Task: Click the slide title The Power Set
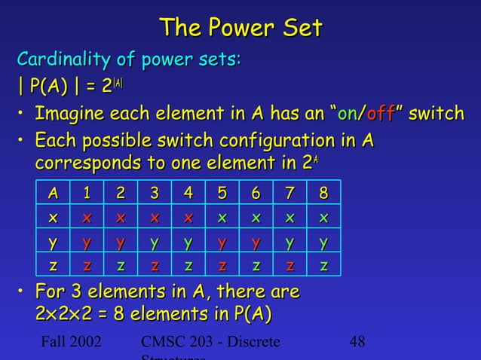tap(240, 29)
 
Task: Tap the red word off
tap(385, 114)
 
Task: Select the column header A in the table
tap(53, 194)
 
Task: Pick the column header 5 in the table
tap(222, 194)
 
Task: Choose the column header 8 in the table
tap(323, 194)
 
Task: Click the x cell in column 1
tap(87, 217)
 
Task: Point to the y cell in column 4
tap(188, 243)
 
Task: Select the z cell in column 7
tap(290, 264)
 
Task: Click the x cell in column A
tap(53, 217)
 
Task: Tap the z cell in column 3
tap(155, 264)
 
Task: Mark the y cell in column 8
tap(323, 243)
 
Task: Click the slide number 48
tap(357, 342)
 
